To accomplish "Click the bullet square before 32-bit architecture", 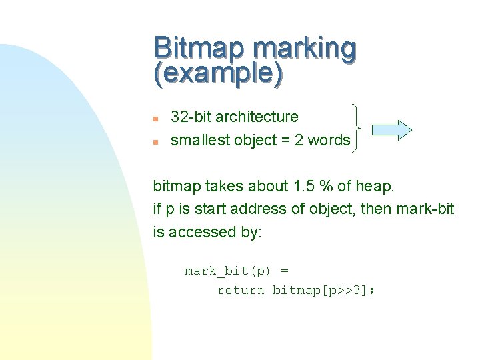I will (155, 119).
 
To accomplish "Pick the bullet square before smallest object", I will (155, 142).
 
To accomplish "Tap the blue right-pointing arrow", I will (391, 129).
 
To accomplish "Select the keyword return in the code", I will (241, 291).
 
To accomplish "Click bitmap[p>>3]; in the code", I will (324, 291).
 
